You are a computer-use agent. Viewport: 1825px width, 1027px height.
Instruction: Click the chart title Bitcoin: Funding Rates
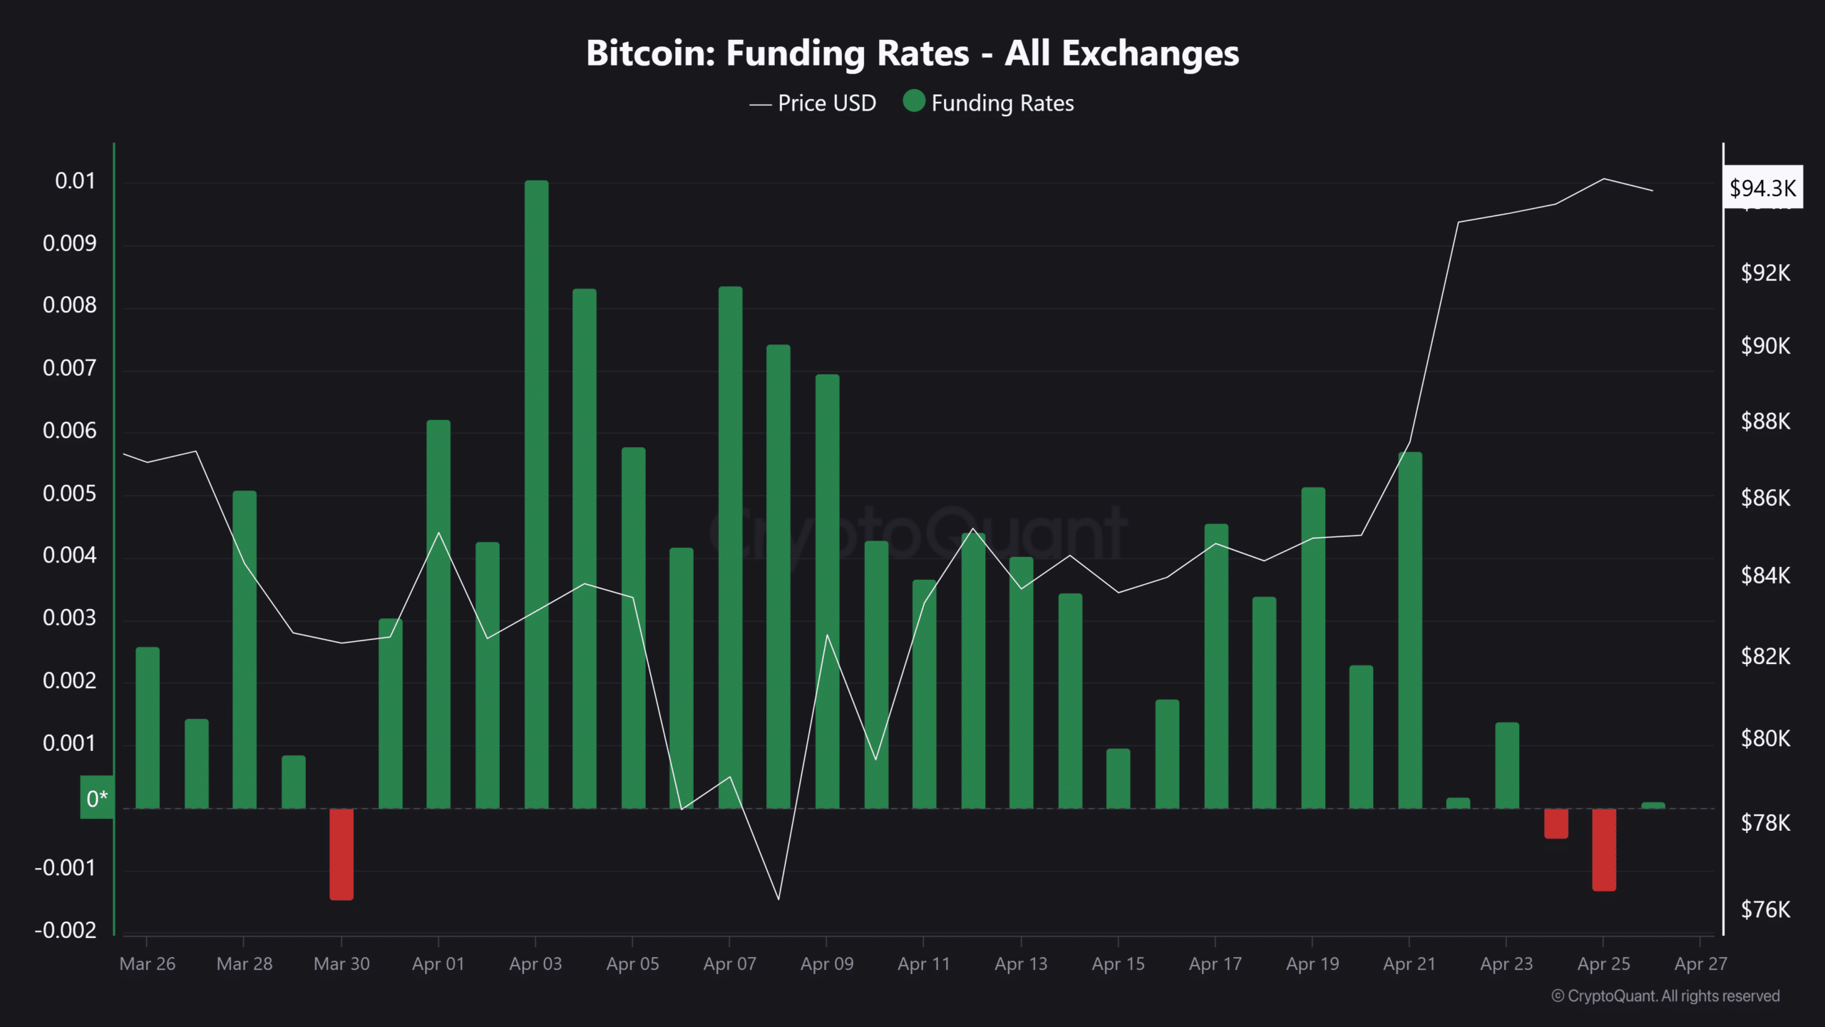(912, 53)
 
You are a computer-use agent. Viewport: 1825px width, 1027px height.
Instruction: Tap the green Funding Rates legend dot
(914, 101)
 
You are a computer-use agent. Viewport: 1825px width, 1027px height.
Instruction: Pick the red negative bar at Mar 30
(341, 854)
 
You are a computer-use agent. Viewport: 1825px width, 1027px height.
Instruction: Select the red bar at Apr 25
(1604, 849)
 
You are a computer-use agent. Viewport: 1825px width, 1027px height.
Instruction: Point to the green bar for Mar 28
(245, 649)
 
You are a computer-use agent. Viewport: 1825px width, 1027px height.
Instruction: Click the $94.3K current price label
(1762, 188)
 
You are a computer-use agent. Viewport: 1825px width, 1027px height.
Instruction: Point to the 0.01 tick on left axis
(75, 181)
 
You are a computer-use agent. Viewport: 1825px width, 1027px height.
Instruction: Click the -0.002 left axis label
(66, 930)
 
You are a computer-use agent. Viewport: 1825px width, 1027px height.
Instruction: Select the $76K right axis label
(1765, 909)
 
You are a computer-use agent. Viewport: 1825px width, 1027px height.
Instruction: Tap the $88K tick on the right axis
(1765, 421)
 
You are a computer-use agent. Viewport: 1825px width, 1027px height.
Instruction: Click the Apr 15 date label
(1118, 964)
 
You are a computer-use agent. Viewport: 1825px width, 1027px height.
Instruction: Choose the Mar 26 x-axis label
(147, 964)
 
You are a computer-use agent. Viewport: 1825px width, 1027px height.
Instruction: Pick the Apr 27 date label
(1700, 964)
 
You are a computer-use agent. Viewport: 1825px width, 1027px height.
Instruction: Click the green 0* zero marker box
(97, 797)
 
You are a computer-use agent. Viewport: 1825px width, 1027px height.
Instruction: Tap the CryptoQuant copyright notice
(1665, 996)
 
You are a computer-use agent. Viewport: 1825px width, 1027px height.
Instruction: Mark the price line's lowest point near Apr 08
(778, 899)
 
